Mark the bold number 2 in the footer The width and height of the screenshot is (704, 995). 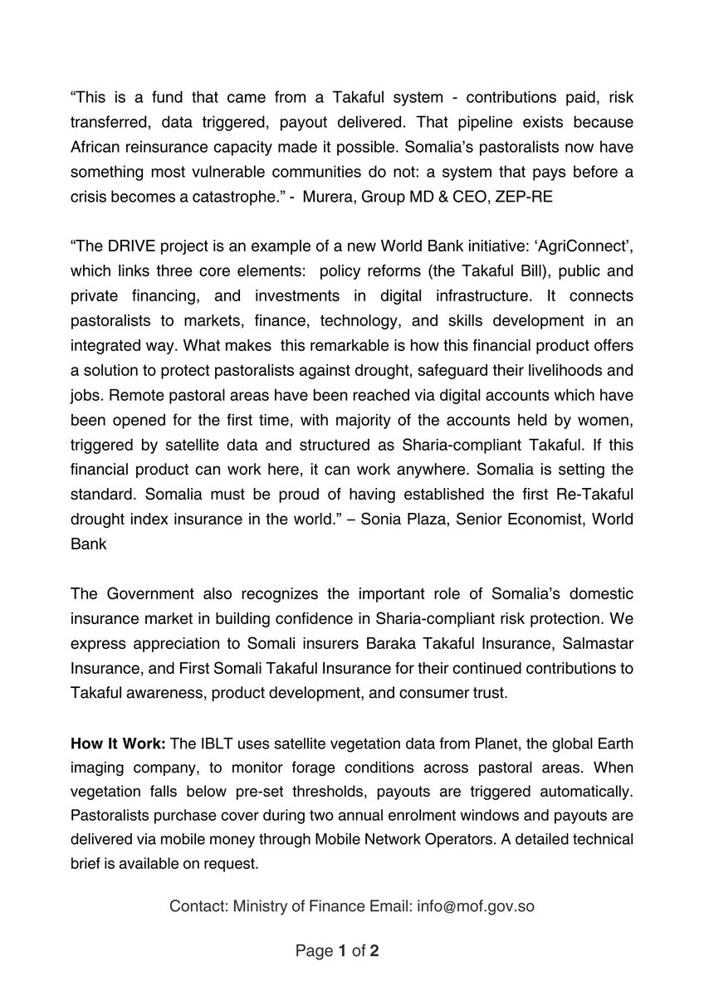(x=374, y=952)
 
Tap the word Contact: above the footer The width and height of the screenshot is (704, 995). (x=198, y=906)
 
